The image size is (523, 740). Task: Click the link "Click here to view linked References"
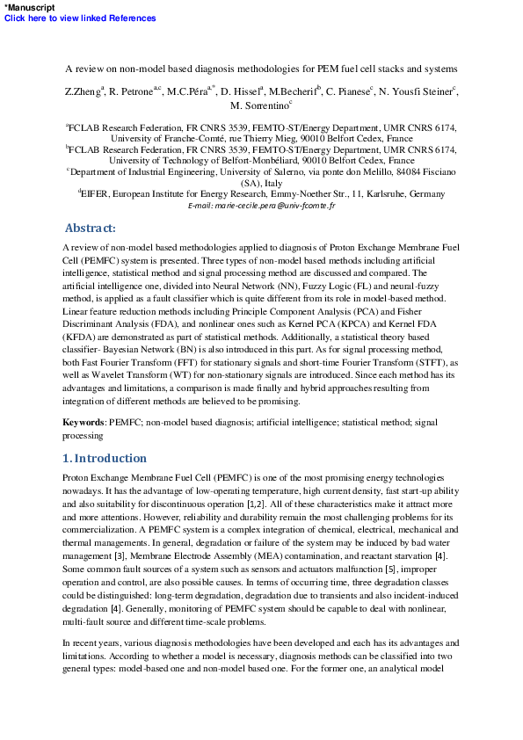point(80,18)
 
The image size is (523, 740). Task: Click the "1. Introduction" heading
point(105,458)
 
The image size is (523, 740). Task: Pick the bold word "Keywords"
point(84,423)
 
